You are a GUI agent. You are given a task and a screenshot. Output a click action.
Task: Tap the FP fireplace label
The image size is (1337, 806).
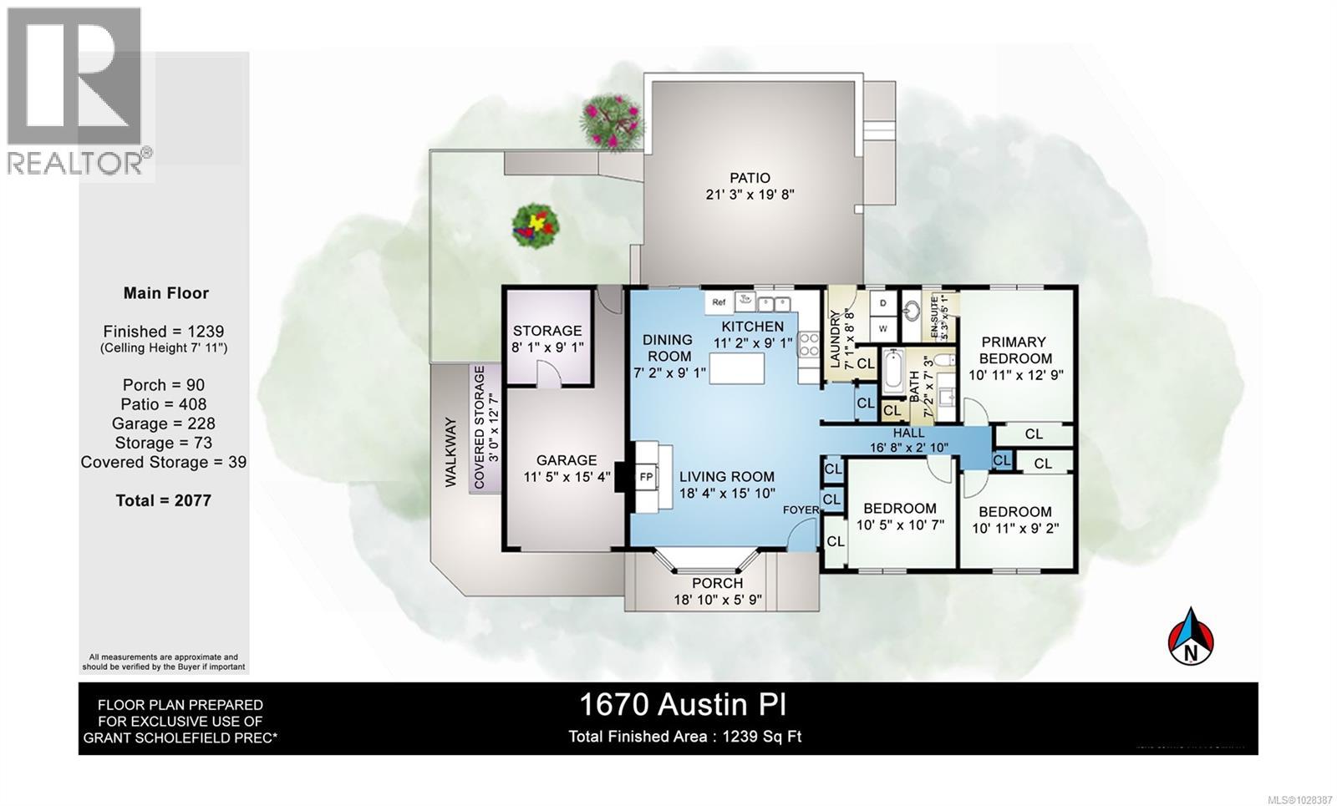click(646, 477)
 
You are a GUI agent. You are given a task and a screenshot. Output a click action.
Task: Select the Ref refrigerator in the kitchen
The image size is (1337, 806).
click(719, 302)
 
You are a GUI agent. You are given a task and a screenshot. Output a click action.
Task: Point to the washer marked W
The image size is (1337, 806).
click(882, 328)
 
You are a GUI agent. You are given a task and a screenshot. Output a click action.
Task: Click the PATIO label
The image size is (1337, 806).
click(750, 178)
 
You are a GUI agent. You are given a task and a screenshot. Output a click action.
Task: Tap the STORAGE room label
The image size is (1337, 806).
click(547, 331)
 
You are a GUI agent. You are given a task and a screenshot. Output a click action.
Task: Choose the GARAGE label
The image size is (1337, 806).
click(567, 460)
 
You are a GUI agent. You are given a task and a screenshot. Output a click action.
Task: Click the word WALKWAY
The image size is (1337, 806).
click(450, 452)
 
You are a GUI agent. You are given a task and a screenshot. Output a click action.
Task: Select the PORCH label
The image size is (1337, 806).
click(718, 583)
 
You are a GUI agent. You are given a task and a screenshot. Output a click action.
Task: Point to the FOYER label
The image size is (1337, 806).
click(800, 509)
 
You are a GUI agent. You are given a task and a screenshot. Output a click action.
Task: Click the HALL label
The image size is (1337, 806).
click(908, 433)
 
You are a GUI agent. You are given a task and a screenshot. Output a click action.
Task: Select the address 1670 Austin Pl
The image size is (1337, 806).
click(683, 705)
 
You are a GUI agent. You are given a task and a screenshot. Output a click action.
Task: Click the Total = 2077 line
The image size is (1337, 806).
click(164, 500)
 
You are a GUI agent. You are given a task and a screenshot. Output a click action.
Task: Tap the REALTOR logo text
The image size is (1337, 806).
click(75, 162)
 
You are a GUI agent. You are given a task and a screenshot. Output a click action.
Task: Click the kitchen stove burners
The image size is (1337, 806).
click(809, 345)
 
